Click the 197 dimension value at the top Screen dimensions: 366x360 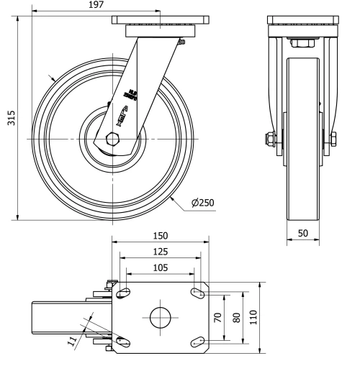coord(95,5)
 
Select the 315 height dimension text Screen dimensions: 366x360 coord(10,117)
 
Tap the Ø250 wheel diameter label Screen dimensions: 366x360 coord(202,203)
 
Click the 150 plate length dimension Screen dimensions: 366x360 coord(160,236)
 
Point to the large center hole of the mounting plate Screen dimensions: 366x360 coord(160,317)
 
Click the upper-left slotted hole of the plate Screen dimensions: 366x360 coord(123,293)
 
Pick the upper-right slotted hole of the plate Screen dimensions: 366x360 coord(196,293)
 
